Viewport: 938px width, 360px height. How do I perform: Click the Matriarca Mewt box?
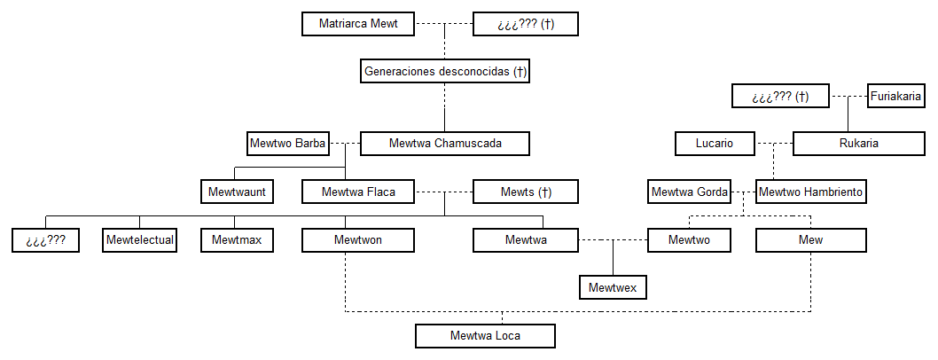(358, 24)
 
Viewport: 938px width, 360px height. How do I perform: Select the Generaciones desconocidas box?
(445, 71)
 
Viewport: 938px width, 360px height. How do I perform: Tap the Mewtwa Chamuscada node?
(445, 143)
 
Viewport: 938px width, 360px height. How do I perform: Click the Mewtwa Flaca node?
(358, 191)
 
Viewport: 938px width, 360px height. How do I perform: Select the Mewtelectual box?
(140, 239)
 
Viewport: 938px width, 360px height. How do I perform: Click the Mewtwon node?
(358, 239)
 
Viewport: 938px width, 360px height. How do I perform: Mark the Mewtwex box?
(613, 287)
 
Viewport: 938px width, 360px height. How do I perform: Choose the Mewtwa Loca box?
(485, 335)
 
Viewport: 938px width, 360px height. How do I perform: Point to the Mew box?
(810, 239)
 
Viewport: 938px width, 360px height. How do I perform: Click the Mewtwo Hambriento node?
(810, 191)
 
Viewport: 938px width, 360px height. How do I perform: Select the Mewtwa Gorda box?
(690, 191)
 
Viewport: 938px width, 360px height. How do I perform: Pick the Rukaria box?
(858, 143)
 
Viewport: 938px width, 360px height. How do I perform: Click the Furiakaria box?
(895, 96)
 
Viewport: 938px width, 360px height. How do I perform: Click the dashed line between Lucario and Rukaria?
(775, 143)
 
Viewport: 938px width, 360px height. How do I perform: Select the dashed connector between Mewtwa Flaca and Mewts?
(446, 191)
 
